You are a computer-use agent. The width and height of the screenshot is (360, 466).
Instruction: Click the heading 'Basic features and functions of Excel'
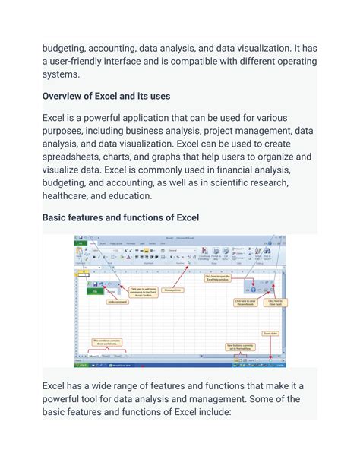click(x=131, y=217)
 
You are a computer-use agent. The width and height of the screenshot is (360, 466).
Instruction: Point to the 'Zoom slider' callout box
click(x=270, y=334)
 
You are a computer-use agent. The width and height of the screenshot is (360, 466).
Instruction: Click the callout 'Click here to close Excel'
click(x=274, y=303)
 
